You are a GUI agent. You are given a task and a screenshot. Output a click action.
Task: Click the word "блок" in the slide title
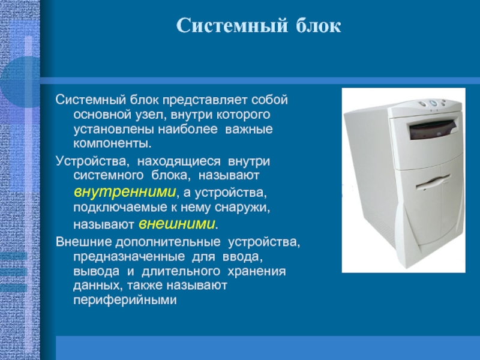tap(318, 25)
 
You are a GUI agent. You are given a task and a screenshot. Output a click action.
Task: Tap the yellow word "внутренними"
tap(125, 192)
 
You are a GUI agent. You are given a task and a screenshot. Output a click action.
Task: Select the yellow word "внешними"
tap(177, 224)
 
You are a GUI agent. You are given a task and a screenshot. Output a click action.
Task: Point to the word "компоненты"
tap(112, 143)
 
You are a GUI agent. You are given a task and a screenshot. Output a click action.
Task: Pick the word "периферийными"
tap(125, 300)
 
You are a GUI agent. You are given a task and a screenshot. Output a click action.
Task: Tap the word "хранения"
tap(257, 271)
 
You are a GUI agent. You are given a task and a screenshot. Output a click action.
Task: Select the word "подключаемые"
tap(121, 208)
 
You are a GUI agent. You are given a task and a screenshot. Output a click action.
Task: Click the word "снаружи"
tap(242, 208)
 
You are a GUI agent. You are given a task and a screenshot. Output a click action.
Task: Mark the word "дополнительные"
tap(168, 242)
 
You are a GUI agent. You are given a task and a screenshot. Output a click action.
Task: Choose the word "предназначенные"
tap(129, 257)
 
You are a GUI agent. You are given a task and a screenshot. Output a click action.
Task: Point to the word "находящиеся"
tap(179, 161)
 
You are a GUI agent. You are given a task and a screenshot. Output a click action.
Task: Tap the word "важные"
tap(248, 129)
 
